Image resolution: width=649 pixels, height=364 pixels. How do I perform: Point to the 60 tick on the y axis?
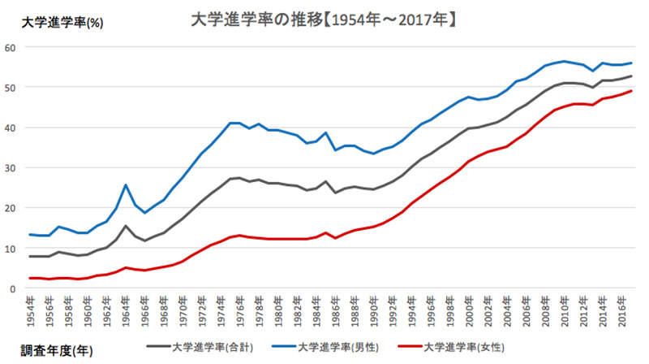[11, 47]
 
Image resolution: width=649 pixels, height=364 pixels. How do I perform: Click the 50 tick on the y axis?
[11, 87]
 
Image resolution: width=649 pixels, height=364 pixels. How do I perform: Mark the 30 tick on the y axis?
[11, 167]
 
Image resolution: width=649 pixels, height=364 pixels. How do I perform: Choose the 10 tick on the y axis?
[11, 248]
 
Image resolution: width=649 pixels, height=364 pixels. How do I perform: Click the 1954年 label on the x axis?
[32, 310]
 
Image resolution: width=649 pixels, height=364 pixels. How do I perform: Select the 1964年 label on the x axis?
[126, 310]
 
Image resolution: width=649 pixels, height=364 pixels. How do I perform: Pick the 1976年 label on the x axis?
[239, 310]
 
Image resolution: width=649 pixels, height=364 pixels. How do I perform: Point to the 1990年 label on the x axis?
[372, 310]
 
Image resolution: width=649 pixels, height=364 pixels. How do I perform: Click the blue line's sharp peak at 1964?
[126, 184]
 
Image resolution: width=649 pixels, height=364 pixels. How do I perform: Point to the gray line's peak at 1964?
[126, 226]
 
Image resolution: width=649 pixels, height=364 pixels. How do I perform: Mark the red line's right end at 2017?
[631, 91]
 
